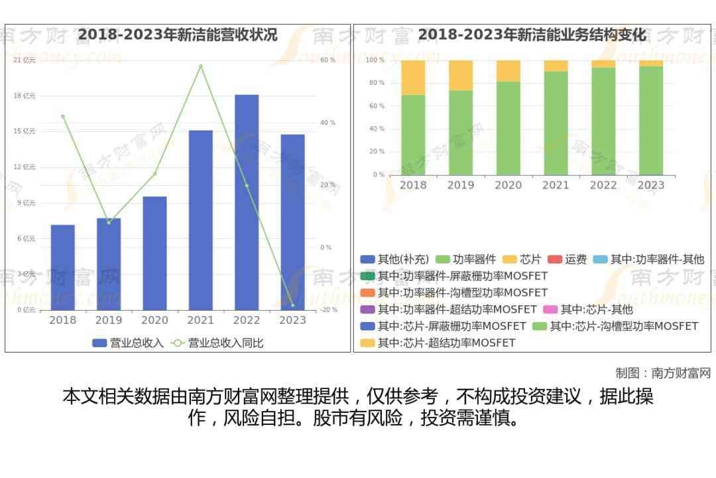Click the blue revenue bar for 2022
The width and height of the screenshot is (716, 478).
coord(246,202)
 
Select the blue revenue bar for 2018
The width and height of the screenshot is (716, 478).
coord(62,267)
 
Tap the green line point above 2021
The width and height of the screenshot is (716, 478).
coord(200,66)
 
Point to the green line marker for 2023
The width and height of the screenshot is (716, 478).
coord(292,305)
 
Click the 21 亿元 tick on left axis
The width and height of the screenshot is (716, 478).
coord(25,60)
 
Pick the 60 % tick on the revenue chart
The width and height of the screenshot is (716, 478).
coord(328,60)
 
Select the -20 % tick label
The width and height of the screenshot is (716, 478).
coord(329,310)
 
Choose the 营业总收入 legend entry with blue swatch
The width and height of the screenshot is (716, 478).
coord(128,343)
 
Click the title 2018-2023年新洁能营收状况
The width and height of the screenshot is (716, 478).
coord(178,35)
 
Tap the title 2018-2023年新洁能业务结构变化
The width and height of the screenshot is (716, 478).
coord(532,35)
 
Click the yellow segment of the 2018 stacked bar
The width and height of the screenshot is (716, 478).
coord(413,77)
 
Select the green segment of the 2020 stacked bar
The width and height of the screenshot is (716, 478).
coord(508,128)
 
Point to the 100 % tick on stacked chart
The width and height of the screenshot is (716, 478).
coord(375,60)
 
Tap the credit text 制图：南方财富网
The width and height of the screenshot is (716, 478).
coord(663,373)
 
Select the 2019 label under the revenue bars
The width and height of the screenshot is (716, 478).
coord(109,321)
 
